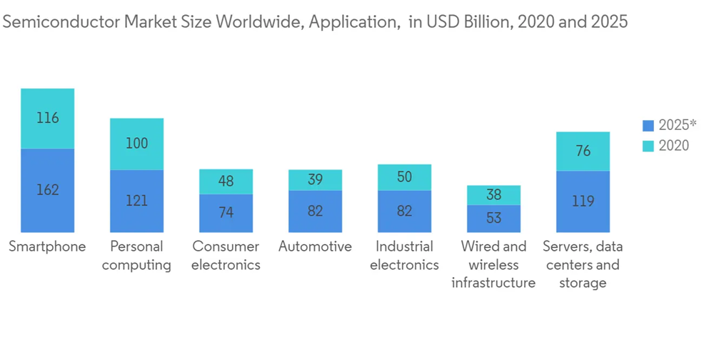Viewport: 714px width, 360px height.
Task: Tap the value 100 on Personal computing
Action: pos(136,143)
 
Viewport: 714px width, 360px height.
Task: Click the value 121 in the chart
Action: pos(136,201)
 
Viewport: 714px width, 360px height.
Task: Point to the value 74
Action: pos(226,212)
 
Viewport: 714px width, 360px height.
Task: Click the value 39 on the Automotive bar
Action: pos(315,180)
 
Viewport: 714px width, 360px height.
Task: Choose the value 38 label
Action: pos(494,194)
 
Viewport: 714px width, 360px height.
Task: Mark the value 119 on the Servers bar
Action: pos(583,201)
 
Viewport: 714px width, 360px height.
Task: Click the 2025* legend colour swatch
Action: pos(648,126)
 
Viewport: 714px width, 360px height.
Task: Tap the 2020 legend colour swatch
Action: pos(648,146)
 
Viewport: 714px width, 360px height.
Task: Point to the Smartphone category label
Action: pos(47,247)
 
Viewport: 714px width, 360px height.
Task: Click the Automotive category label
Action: pos(315,247)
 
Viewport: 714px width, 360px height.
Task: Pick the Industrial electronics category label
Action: pos(404,256)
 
